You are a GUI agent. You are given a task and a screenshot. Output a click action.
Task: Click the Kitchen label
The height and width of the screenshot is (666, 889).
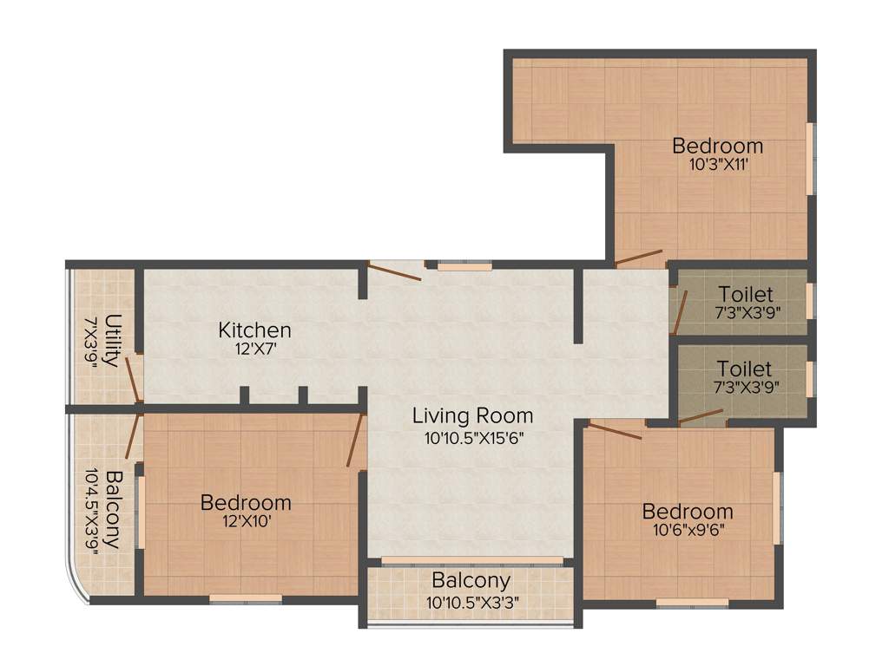coord(254,330)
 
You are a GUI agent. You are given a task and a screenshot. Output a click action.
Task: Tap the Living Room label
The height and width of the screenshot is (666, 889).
coord(472,415)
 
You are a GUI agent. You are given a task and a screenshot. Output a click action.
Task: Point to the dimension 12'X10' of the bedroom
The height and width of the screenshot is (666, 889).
coord(246,520)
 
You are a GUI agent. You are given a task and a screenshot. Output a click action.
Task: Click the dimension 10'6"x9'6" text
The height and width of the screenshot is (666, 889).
coord(688,529)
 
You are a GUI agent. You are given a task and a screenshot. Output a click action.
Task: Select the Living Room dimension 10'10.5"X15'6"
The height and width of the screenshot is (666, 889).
coord(473,438)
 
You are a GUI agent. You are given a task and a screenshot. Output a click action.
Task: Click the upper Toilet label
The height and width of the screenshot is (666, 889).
coord(745,295)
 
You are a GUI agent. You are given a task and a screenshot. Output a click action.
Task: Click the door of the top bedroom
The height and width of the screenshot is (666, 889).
coord(639,258)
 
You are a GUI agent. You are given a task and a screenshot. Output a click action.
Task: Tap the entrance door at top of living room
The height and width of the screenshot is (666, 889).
coord(395,271)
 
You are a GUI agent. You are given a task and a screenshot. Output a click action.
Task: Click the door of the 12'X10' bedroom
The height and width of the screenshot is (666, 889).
coord(355,441)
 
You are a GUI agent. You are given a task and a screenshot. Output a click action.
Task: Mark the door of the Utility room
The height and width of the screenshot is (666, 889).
coord(132,379)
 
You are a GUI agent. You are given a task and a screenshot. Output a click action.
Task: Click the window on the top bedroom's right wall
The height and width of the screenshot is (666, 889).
coord(810,158)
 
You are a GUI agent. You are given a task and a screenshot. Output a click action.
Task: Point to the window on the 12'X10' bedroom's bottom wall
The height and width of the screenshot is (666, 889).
coord(246,597)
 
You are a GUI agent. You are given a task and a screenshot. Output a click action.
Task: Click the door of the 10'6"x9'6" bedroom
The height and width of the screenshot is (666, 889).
coord(616,430)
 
